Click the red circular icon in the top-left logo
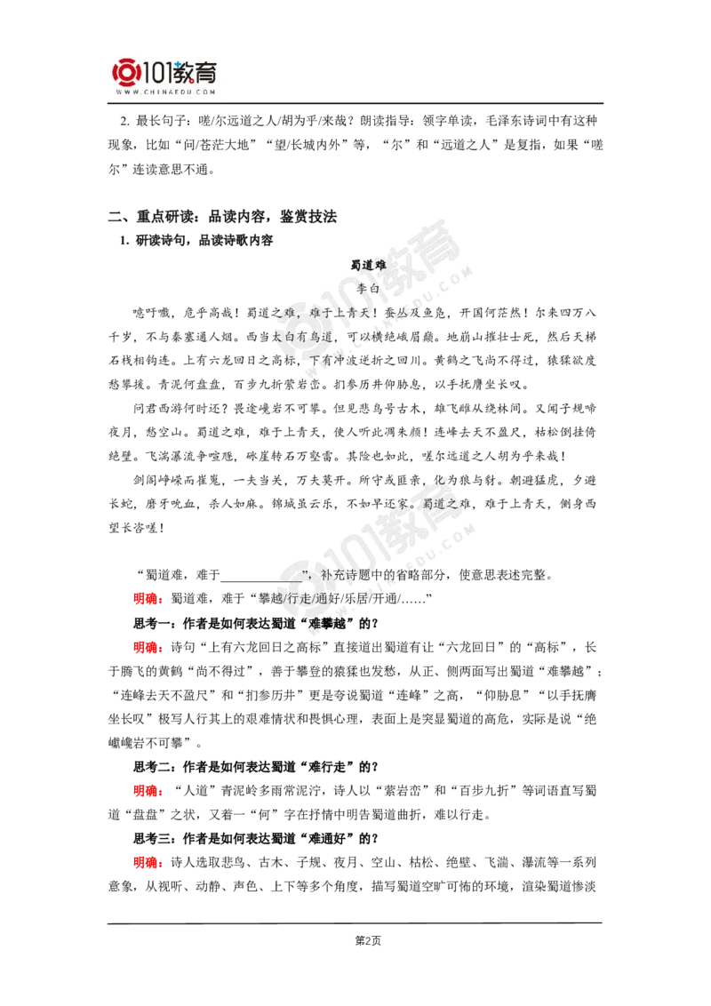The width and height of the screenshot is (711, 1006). (x=125, y=75)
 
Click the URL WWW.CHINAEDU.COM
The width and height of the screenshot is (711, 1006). (x=165, y=91)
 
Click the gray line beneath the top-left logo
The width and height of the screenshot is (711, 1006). (x=165, y=105)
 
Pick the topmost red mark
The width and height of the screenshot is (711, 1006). (x=146, y=599)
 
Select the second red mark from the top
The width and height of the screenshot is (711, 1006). (x=146, y=647)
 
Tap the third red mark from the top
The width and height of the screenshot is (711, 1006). (x=146, y=790)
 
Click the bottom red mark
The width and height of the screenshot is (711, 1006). (x=146, y=861)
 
